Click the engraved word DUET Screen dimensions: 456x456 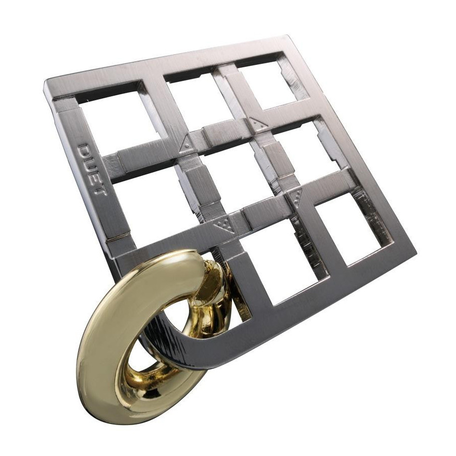[93, 170]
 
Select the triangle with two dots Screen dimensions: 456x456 [258, 123]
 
